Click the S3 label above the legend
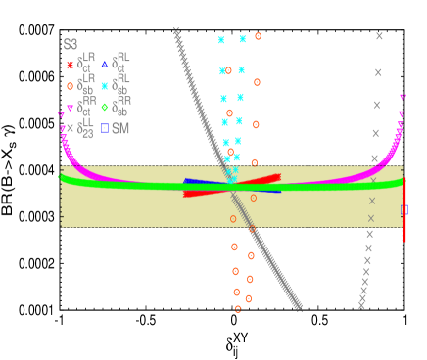(71, 44)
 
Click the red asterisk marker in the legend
(70, 65)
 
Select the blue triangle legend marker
(105, 65)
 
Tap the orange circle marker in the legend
(70, 86)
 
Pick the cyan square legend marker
(105, 86)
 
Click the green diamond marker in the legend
(105, 107)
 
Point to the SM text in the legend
(120, 128)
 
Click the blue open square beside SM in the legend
(105, 128)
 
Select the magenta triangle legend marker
(70, 108)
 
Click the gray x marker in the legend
(70, 128)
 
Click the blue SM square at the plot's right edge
(404, 209)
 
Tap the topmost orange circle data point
(258, 36)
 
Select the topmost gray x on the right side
(379, 36)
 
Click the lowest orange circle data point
(238, 308)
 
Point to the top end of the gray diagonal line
(176, 32)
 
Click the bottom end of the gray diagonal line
(298, 307)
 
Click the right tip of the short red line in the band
(279, 176)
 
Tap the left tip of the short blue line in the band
(185, 182)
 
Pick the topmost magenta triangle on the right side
(403, 97)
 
